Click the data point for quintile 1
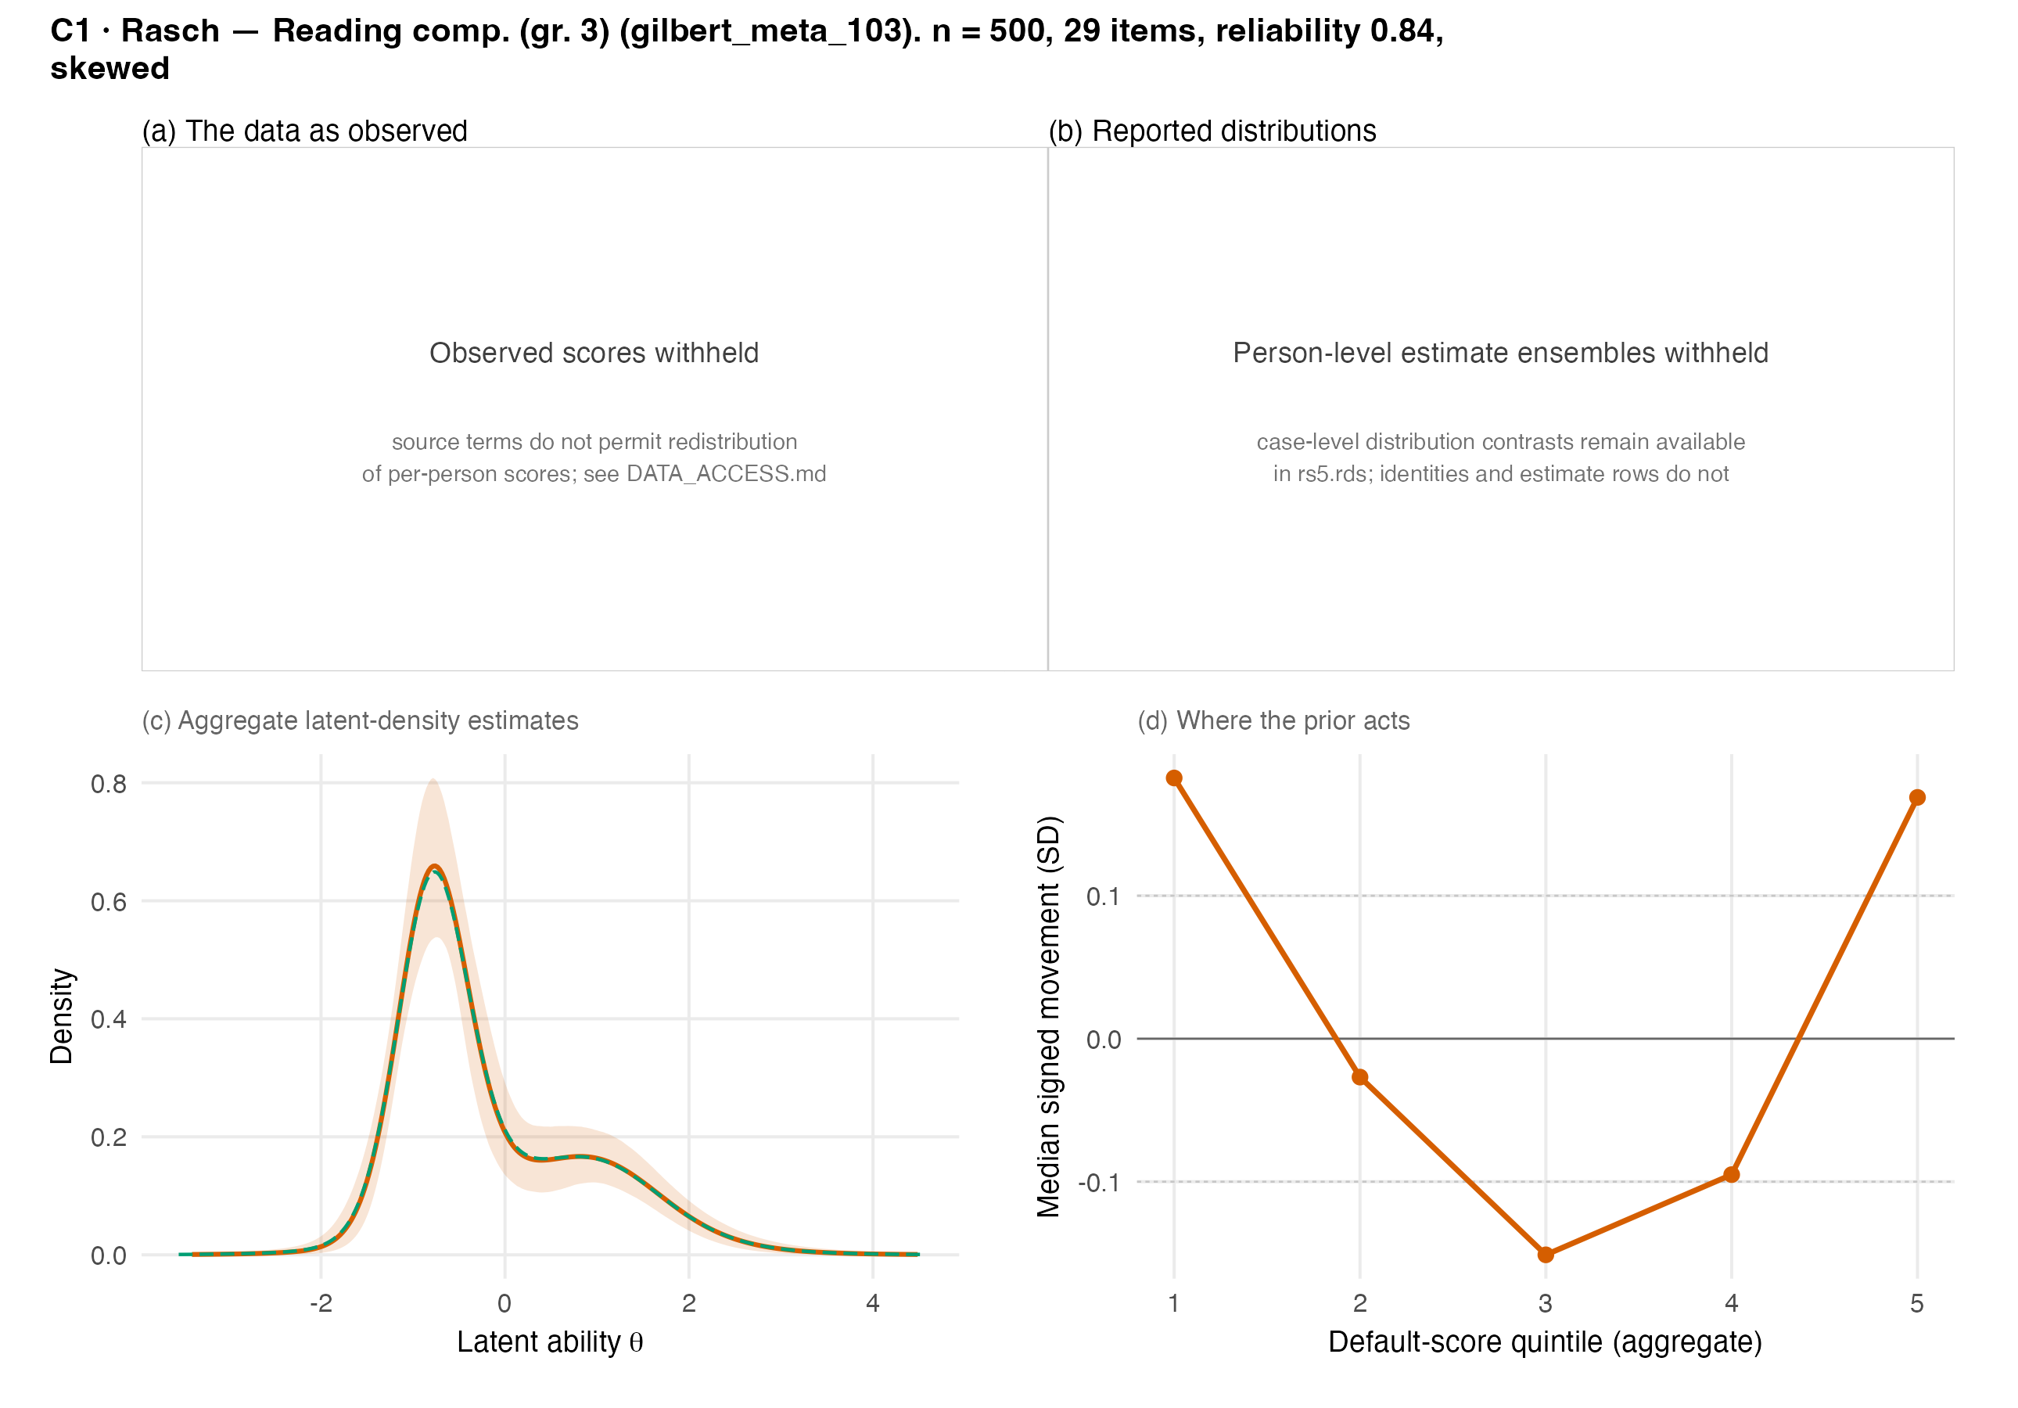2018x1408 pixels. (x=1174, y=778)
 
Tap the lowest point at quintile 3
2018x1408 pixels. (x=1546, y=1254)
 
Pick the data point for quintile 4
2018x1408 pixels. (x=1732, y=1174)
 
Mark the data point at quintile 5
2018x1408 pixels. (x=1918, y=797)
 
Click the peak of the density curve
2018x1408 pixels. (x=434, y=866)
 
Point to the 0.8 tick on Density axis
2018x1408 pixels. (x=109, y=784)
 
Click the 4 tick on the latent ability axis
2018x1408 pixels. (x=873, y=1302)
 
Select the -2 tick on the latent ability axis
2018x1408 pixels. (x=321, y=1302)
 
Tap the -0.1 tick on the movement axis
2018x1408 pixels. (x=1099, y=1182)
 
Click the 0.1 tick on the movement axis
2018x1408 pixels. (x=1103, y=896)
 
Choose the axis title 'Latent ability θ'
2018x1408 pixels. (x=550, y=1342)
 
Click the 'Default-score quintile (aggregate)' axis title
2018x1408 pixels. (x=1545, y=1342)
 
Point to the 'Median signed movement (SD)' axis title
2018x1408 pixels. (x=1049, y=1017)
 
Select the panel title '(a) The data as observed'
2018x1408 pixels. (x=305, y=131)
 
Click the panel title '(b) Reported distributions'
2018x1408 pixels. (x=1212, y=131)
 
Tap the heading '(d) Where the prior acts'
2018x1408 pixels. (x=1273, y=720)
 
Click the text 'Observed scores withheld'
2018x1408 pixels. (x=594, y=353)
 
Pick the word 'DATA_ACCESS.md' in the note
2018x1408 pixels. (x=726, y=474)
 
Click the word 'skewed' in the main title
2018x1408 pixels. (x=110, y=68)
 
